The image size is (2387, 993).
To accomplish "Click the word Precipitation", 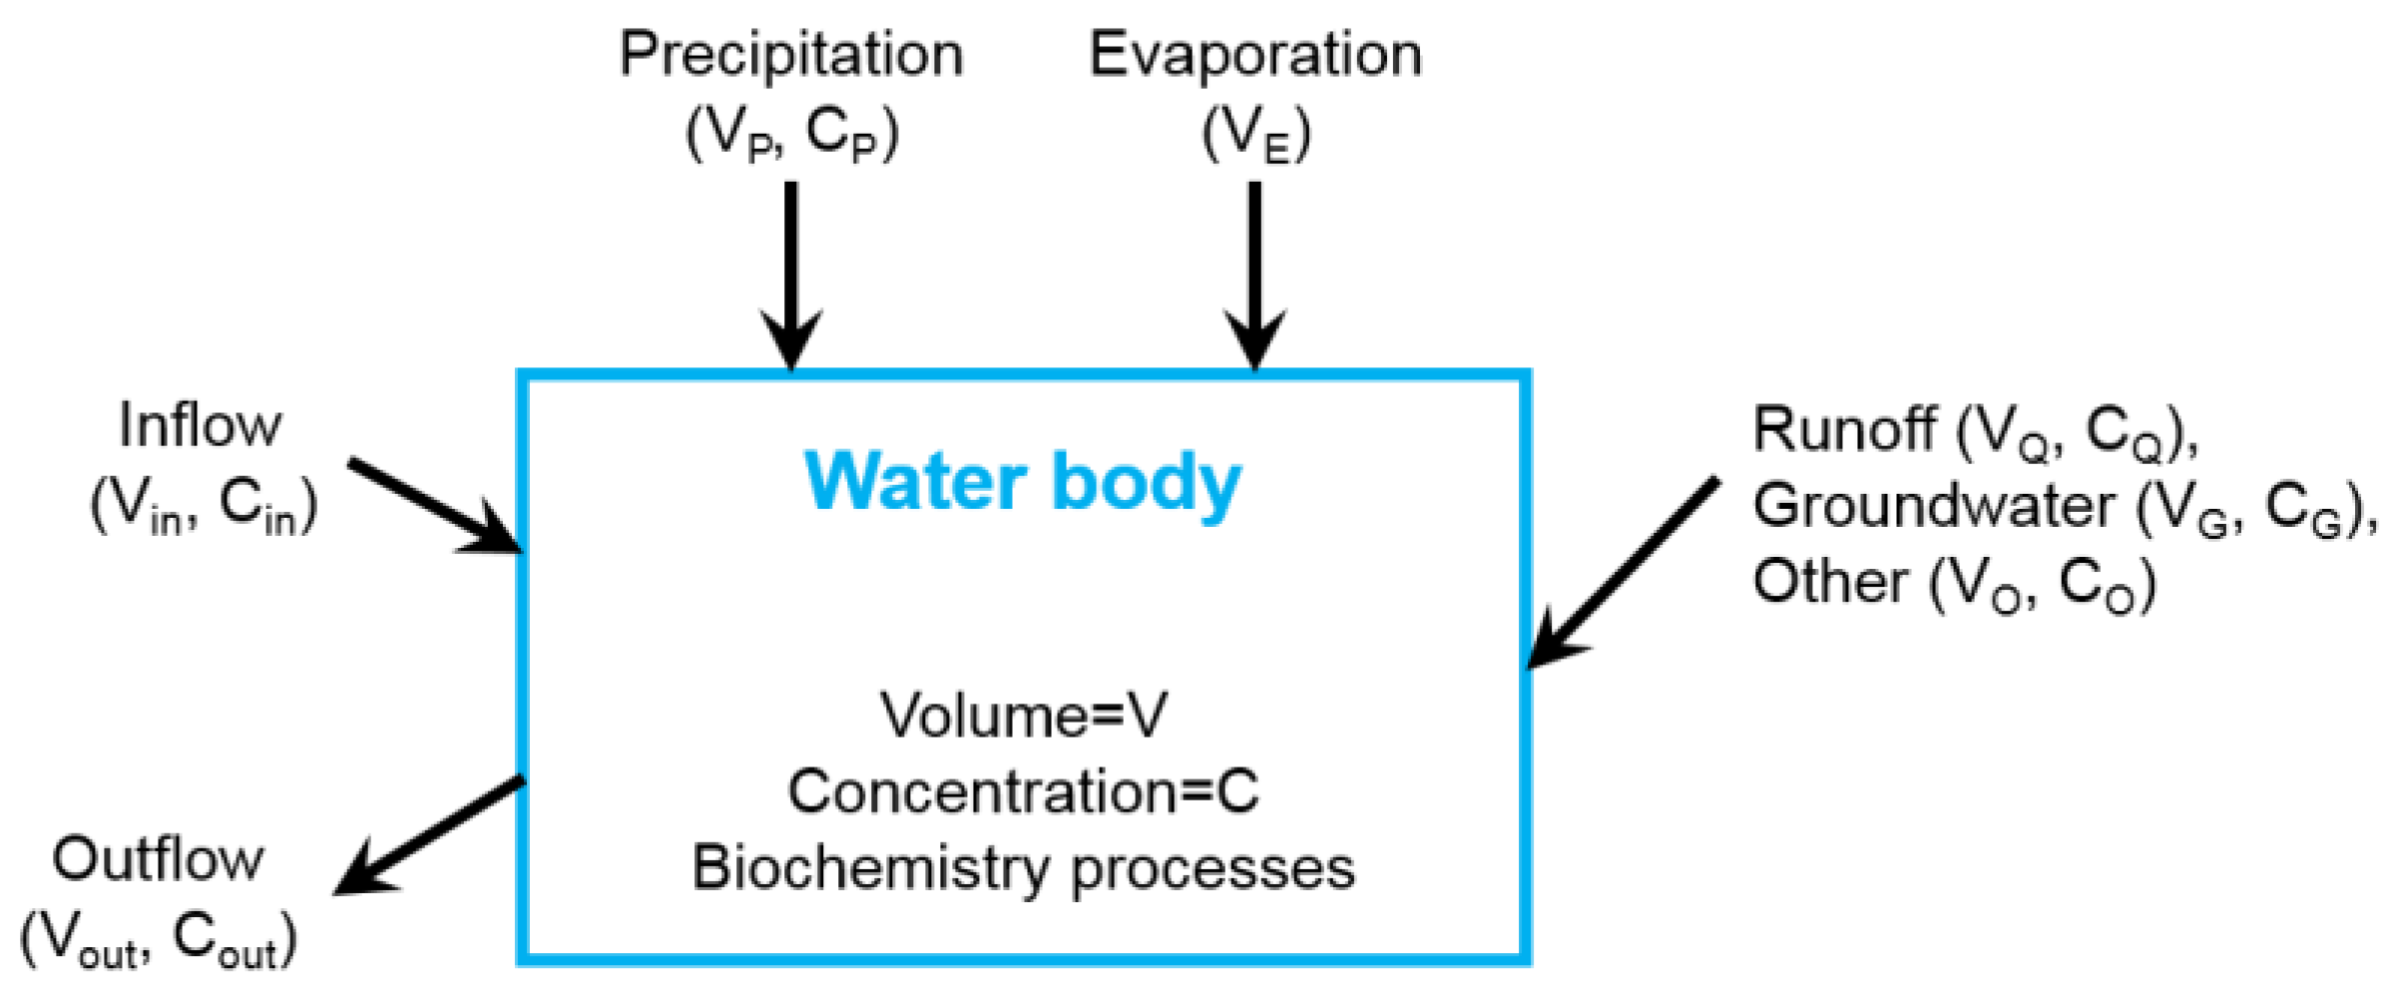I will coord(790,55).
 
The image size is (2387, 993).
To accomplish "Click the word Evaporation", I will coord(1254,55).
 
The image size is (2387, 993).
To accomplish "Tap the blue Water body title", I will coord(1023,483).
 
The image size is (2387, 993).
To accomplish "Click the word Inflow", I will coord(200,426).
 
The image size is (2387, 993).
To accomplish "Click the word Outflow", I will coord(158,859).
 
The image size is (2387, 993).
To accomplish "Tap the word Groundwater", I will coord(1933,506).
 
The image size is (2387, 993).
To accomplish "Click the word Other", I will coord(1829,582).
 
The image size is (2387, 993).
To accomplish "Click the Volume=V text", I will coord(1023,716).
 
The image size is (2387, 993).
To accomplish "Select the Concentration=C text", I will coord(1023,791).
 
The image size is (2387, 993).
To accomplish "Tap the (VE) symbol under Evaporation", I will coord(1254,135).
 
